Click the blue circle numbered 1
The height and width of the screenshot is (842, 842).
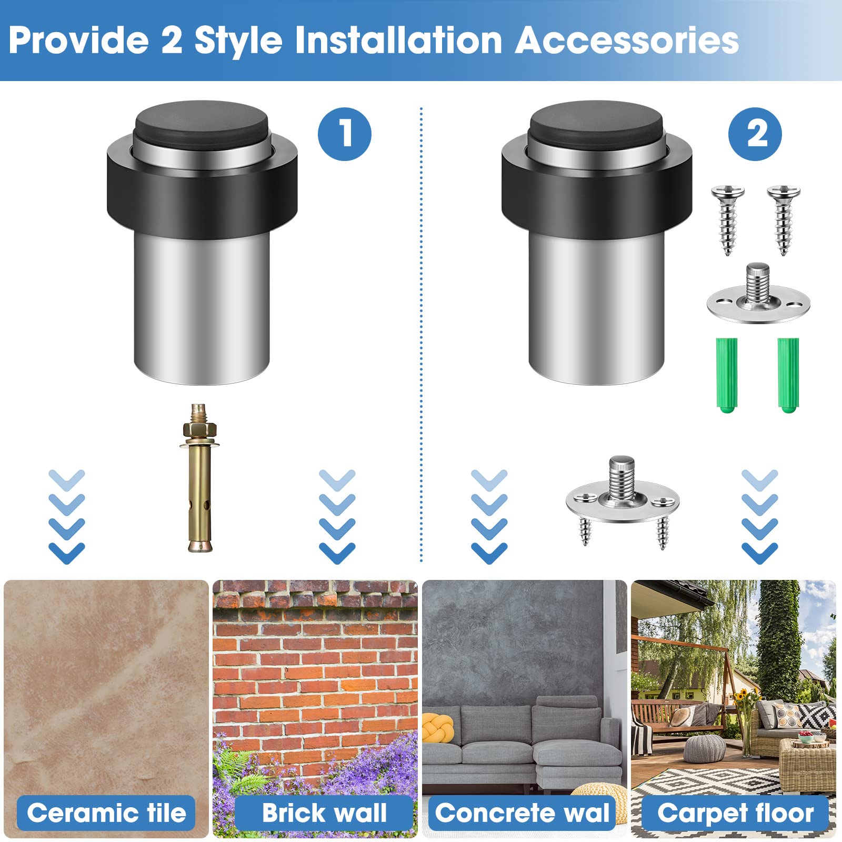(x=344, y=134)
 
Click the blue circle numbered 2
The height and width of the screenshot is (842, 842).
(x=755, y=134)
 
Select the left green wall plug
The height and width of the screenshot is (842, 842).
(x=727, y=375)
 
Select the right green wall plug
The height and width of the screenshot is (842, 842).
(x=788, y=375)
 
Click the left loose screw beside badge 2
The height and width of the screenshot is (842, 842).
(x=728, y=218)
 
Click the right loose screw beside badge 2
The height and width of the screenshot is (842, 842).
(x=784, y=218)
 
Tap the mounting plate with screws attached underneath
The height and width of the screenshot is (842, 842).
(x=623, y=500)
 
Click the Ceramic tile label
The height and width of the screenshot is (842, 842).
(x=106, y=813)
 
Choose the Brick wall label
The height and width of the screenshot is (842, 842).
(x=324, y=813)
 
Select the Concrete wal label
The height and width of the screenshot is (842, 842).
(x=522, y=813)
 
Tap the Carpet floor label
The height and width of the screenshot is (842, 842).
(x=735, y=813)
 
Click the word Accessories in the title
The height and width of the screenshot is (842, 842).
(x=626, y=41)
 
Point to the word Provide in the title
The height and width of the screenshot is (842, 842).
(x=79, y=41)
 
